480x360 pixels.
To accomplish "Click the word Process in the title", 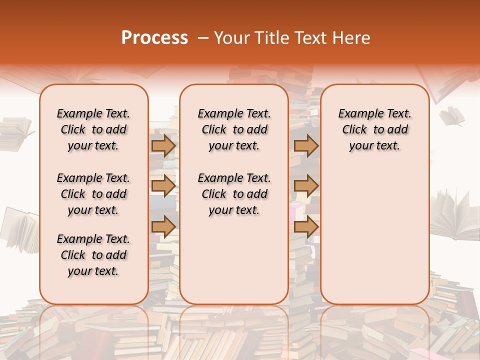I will pos(154,38).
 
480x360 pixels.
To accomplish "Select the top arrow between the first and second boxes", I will pos(163,146).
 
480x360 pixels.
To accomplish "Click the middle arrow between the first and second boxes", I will pos(163,186).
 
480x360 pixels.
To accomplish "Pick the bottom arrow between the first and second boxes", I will pos(163,226).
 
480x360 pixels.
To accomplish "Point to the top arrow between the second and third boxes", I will pos(306,146).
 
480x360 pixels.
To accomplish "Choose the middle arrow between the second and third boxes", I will pos(306,186).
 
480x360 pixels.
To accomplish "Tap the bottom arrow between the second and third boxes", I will pos(306,226).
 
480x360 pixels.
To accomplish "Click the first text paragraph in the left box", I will pos(93,129).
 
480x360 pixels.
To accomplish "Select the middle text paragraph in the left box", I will pos(93,194).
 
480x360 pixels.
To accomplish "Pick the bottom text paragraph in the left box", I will pos(93,255).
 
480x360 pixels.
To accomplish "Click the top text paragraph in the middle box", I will pos(234,129).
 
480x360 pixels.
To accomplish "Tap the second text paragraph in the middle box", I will pos(234,194).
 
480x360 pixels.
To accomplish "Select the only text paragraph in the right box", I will pos(374,129).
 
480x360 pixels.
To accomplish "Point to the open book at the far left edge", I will pos(15,132).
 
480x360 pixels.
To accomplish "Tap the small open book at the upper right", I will pos(452,116).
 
